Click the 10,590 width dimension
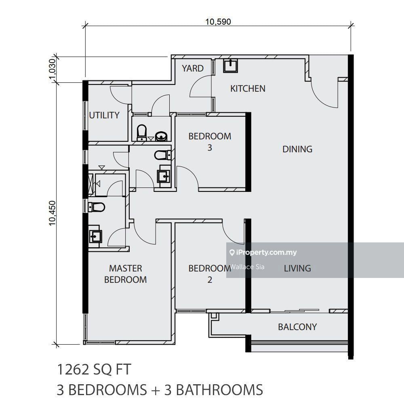pyautogui.click(x=218, y=22)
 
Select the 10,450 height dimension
pyautogui.click(x=52, y=213)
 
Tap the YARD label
pyautogui.click(x=192, y=68)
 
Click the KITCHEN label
pyautogui.click(x=248, y=88)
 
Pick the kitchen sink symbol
pyautogui.click(x=230, y=66)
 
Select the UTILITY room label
pyautogui.click(x=104, y=115)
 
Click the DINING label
pyautogui.click(x=297, y=149)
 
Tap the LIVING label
pyautogui.click(x=297, y=269)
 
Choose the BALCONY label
pyautogui.click(x=297, y=327)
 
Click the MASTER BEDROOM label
pyautogui.click(x=126, y=274)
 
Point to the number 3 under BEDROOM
pyautogui.click(x=210, y=147)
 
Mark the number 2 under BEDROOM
pyautogui.click(x=210, y=280)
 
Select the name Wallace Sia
pyautogui.click(x=247, y=267)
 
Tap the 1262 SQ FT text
pyautogui.click(x=94, y=369)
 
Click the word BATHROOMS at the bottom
pyautogui.click(x=219, y=389)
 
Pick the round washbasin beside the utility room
pyautogui.click(x=161, y=136)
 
